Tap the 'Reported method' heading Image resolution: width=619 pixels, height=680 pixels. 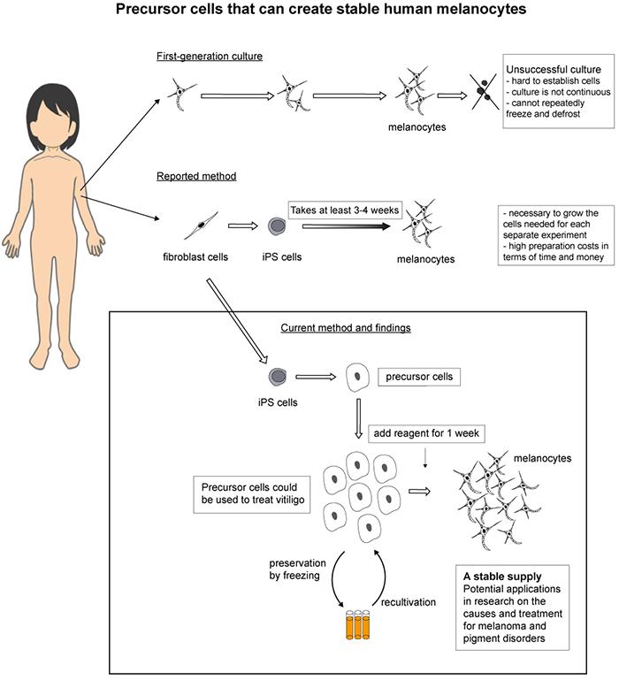[x=196, y=176]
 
